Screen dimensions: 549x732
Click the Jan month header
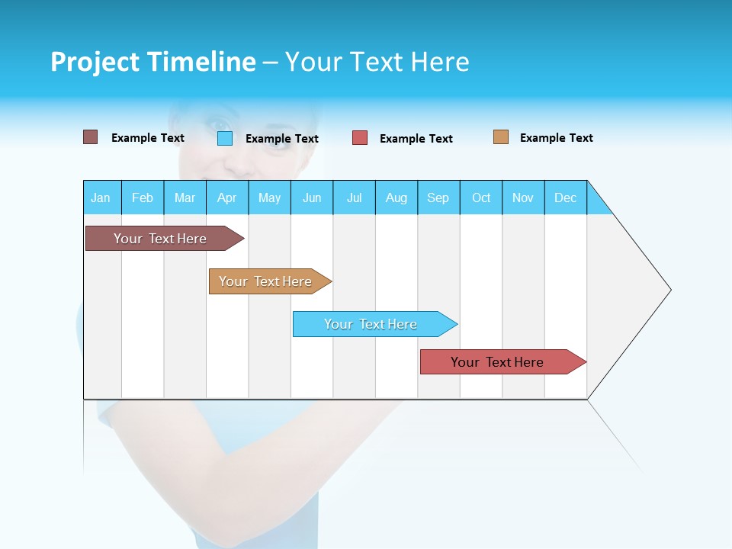(101, 197)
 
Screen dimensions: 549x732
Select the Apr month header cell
(226, 197)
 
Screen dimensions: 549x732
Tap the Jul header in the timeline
(354, 197)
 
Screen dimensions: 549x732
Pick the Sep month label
(438, 197)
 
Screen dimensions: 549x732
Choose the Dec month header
(565, 197)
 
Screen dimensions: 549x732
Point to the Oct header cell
(481, 197)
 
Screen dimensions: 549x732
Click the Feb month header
(142, 197)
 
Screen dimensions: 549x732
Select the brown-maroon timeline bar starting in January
(160, 239)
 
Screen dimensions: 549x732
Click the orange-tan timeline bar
(265, 281)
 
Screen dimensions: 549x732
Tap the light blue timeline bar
(371, 324)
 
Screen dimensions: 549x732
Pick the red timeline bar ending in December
(497, 362)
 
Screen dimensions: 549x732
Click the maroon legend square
(90, 137)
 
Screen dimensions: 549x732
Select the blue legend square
(224, 138)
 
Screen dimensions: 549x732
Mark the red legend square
(360, 138)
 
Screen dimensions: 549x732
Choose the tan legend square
(500, 137)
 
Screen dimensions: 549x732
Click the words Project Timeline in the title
(153, 62)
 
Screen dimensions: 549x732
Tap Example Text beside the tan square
(556, 138)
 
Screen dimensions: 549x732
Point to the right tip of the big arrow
(669, 290)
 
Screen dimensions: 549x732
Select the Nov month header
(523, 197)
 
